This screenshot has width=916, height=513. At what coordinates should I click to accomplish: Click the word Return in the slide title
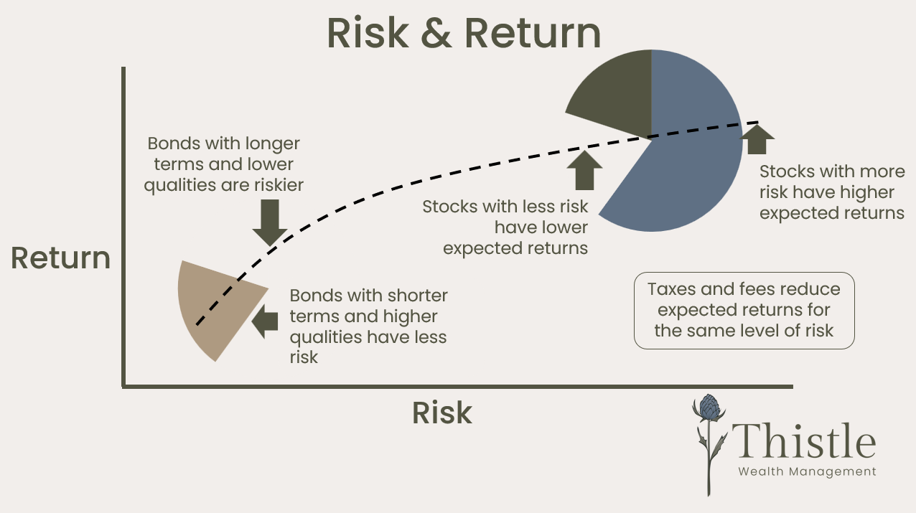[532, 33]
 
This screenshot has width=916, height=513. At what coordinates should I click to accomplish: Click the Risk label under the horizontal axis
[441, 413]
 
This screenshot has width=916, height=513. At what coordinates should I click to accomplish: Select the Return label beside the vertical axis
[61, 258]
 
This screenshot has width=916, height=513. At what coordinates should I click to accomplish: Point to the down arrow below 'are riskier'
[270, 222]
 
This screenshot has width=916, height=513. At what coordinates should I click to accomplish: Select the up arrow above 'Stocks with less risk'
[585, 169]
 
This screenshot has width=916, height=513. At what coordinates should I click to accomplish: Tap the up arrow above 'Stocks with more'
[757, 139]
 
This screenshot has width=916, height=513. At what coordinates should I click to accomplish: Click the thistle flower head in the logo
[709, 408]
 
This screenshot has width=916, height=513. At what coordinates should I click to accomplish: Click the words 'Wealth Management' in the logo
[807, 471]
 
